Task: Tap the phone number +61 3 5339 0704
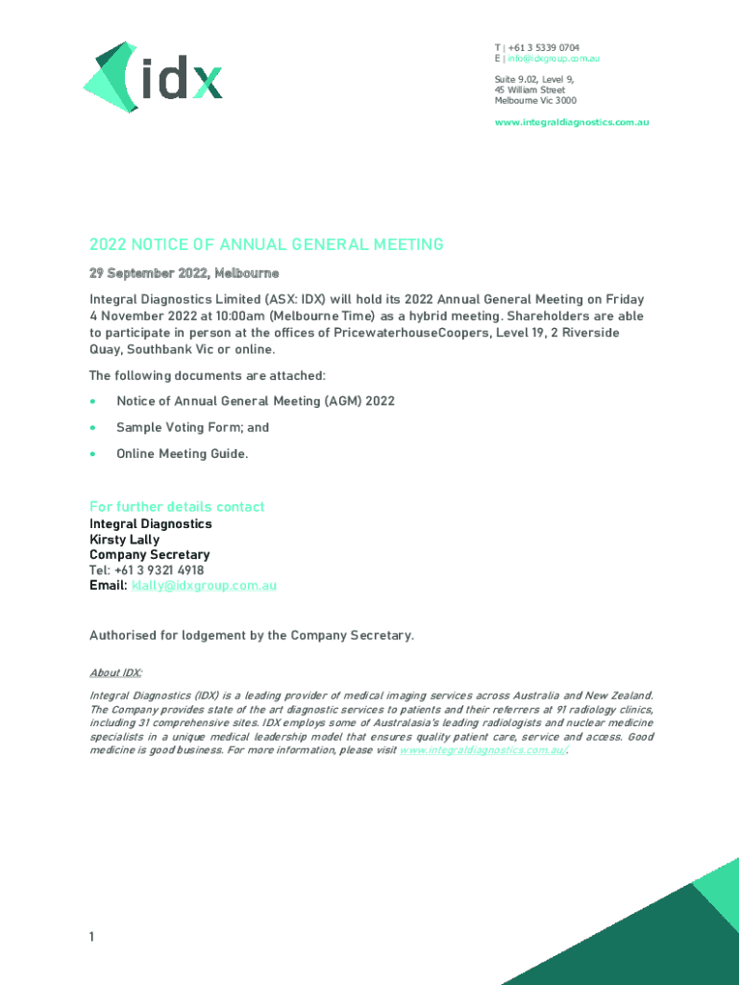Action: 543,48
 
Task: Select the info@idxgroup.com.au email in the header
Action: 554,60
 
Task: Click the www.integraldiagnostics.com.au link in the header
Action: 572,122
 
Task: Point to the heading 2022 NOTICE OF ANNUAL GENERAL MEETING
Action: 266,244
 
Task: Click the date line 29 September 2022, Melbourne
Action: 185,274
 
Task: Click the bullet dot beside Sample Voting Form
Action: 92,427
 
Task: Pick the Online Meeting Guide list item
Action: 182,453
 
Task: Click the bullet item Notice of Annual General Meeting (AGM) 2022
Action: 255,401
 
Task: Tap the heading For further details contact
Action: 177,507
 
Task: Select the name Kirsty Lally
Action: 125,540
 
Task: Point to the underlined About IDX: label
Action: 115,672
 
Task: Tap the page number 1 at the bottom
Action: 92,936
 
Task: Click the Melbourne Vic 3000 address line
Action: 535,101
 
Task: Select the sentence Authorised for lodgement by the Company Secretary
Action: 252,635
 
